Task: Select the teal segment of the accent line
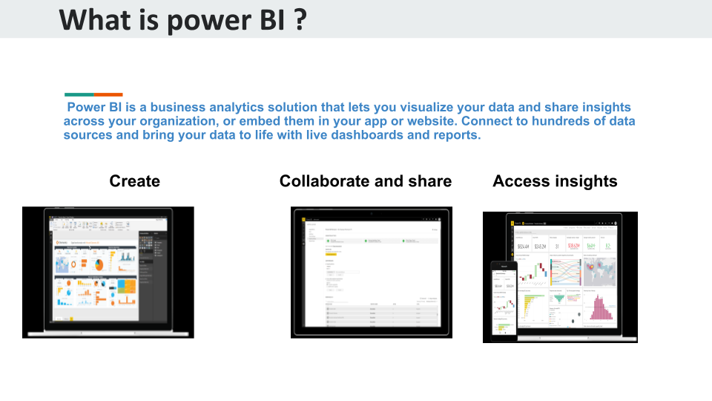tap(79, 94)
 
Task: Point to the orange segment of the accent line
tap(108, 94)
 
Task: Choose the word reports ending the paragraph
tap(454, 135)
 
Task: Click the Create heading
tap(134, 181)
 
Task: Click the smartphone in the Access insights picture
tap(504, 300)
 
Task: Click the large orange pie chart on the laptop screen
tap(98, 265)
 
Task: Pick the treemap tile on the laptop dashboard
tap(127, 286)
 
